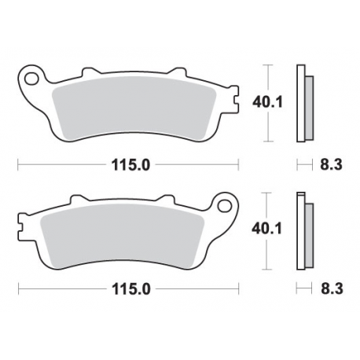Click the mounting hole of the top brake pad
point(33,79)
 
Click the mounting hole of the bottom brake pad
point(224,207)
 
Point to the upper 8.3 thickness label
point(330,164)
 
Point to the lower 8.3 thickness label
point(330,290)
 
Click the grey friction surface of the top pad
point(134,106)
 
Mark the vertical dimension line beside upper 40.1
point(268,102)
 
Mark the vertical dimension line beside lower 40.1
point(268,232)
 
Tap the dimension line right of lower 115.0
point(197,290)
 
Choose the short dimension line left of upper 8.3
point(303,164)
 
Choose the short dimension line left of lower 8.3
point(303,290)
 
